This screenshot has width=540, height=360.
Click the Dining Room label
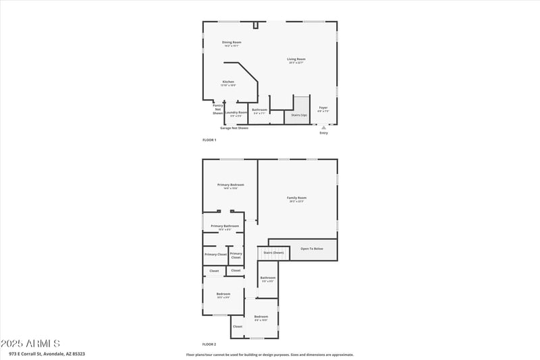pyautogui.click(x=232, y=42)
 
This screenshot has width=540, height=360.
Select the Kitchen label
pyautogui.click(x=228, y=82)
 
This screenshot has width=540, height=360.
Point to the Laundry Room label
pyautogui.click(x=236, y=112)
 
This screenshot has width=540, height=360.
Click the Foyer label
pyautogui.click(x=323, y=108)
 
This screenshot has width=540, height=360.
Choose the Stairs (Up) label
pyautogui.click(x=299, y=115)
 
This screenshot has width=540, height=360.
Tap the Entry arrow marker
pyautogui.click(x=323, y=127)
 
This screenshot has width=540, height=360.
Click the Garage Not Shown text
pyautogui.click(x=234, y=128)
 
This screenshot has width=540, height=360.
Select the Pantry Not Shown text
pyautogui.click(x=218, y=109)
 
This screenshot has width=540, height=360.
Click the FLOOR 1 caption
pyautogui.click(x=209, y=140)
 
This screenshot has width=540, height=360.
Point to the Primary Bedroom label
pyautogui.click(x=230, y=184)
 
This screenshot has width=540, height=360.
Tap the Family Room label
pyautogui.click(x=296, y=197)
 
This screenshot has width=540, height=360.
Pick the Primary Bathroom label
pyautogui.click(x=225, y=226)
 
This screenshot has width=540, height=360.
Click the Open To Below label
pyautogui.click(x=312, y=249)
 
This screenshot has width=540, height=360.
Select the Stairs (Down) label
pyautogui.click(x=273, y=253)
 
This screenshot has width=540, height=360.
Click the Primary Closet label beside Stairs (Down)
pyautogui.click(x=236, y=255)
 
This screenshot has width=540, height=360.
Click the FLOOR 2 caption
pyautogui.click(x=209, y=344)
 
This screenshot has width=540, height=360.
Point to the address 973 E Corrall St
pyautogui.click(x=47, y=353)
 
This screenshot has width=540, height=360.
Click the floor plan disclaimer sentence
pyautogui.click(x=269, y=354)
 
